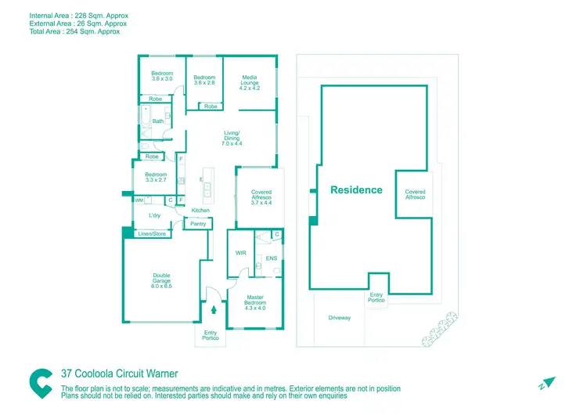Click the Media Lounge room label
pyautogui.click(x=250, y=82)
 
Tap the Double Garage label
pyautogui.click(x=162, y=281)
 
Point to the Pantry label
pyautogui.click(x=198, y=224)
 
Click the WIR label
pyautogui.click(x=241, y=253)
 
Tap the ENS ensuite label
pyautogui.click(x=272, y=258)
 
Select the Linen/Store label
pyautogui.click(x=153, y=233)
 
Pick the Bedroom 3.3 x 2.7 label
pyautogui.click(x=156, y=177)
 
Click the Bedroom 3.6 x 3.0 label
pyautogui.click(x=162, y=76)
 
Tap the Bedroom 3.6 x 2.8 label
pyautogui.click(x=204, y=80)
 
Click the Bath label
pyautogui.click(x=158, y=121)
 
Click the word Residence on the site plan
pyautogui.click(x=356, y=190)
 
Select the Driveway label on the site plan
pyautogui.click(x=340, y=318)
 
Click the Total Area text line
pyautogui.click(x=63, y=31)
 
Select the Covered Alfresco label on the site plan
pyautogui.click(x=415, y=195)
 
